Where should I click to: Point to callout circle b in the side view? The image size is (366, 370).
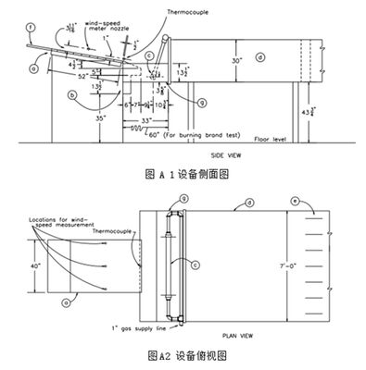(x=72, y=94)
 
